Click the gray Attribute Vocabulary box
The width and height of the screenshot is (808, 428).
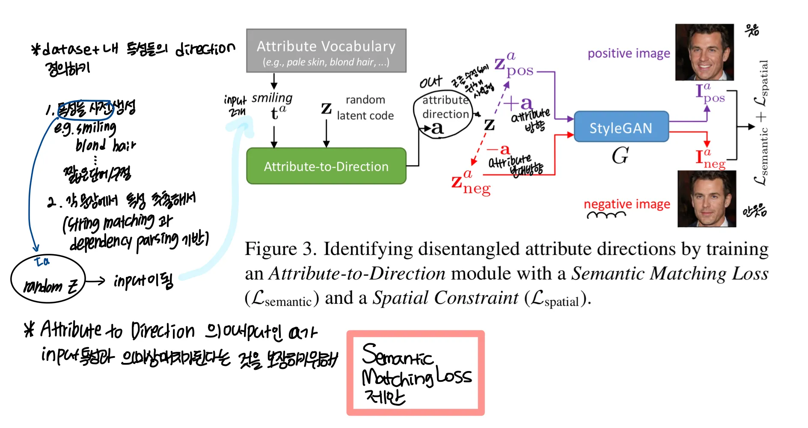[x=326, y=51]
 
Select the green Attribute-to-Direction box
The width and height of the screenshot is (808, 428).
[x=326, y=166]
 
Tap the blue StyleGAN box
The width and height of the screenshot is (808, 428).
[x=621, y=127]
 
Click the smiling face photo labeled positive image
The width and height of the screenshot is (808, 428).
[x=704, y=52]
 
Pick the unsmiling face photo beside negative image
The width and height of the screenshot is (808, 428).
[x=707, y=199]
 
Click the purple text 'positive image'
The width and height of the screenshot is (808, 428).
[x=629, y=53]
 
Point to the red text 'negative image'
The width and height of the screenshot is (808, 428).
[x=627, y=204]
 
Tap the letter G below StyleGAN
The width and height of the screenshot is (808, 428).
[x=620, y=155]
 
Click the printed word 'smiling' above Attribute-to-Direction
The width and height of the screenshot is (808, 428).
[x=272, y=98]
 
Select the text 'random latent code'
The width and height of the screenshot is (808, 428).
[x=365, y=108]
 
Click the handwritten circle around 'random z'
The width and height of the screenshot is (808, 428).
[x=48, y=279]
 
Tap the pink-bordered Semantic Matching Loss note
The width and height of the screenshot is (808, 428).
[x=416, y=373]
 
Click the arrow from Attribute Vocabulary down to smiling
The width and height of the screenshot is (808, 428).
[x=274, y=81]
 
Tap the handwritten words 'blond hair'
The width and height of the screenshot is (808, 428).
[x=105, y=146]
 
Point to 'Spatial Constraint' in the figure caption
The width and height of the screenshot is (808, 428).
[x=445, y=298]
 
